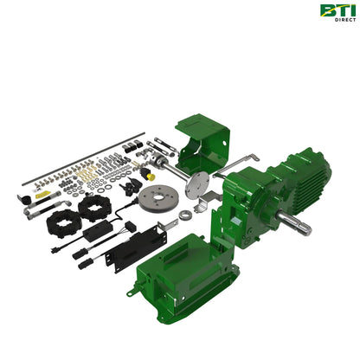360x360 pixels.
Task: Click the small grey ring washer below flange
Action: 188,213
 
